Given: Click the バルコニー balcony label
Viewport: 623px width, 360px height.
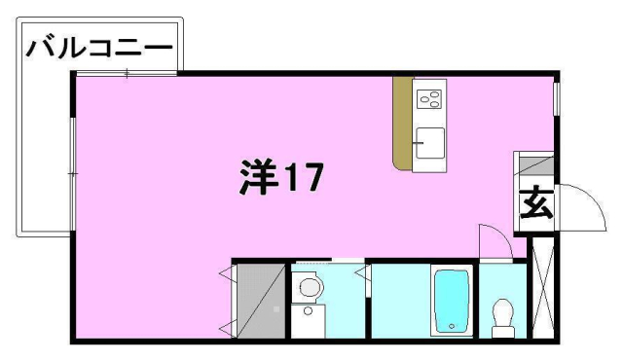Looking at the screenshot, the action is point(99,49).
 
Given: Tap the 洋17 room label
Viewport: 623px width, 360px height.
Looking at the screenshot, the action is point(281,177).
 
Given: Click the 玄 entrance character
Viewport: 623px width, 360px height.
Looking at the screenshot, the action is point(536,202).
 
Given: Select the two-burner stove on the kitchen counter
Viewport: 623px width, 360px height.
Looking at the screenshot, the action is point(428,99).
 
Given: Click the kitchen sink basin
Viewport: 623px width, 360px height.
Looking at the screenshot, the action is point(430,143).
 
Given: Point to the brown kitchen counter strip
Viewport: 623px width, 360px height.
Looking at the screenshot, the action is point(402,124).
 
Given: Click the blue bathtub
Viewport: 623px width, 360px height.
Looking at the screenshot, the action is point(452,302).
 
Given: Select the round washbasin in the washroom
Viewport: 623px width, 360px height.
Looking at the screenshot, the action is point(310,287).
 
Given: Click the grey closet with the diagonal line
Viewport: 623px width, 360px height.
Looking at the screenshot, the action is point(261,301).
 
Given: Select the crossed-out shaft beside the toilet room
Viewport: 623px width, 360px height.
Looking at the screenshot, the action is point(543,288).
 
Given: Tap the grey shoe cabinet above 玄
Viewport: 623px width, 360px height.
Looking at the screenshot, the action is point(536,166).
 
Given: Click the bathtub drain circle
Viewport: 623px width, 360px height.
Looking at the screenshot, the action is point(452,326).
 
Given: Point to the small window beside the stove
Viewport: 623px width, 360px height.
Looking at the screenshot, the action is point(557,99).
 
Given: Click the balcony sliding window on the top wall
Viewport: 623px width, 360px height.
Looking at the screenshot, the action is point(127,73).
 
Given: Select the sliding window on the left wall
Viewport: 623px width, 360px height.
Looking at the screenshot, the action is point(73,173).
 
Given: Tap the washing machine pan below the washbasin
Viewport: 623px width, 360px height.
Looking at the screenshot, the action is point(308,321).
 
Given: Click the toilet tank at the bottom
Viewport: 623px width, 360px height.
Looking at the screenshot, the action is point(503,332).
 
